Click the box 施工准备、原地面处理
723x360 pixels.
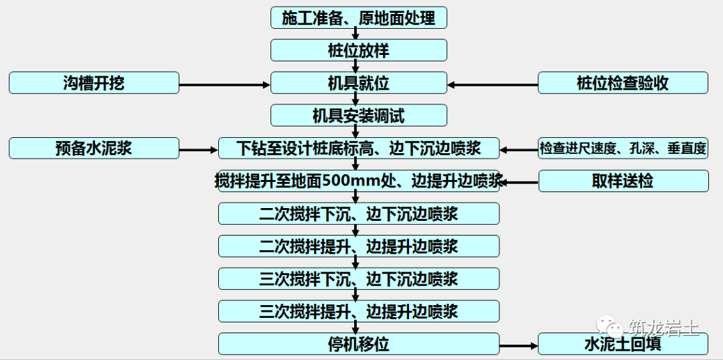(358, 17)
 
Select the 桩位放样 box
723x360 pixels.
(358, 50)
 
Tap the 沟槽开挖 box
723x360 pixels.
(94, 83)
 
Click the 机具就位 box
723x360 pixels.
(358, 83)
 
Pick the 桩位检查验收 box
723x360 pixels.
(623, 83)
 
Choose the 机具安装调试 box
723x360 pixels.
(358, 116)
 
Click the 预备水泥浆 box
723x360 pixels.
(94, 148)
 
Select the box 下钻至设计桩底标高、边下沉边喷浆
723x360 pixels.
(358, 148)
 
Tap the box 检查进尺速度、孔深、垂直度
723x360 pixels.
(623, 148)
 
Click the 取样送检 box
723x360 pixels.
(623, 181)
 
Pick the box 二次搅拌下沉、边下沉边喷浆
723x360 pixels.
(358, 213)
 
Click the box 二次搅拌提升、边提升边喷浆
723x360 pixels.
(358, 246)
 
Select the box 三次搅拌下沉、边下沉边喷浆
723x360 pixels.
(358, 278)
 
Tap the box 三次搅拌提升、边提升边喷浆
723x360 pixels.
(358, 311)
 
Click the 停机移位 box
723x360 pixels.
(358, 344)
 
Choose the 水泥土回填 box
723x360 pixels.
(623, 344)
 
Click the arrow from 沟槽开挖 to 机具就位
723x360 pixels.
(224, 84)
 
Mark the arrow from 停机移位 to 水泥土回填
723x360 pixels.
(519, 346)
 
